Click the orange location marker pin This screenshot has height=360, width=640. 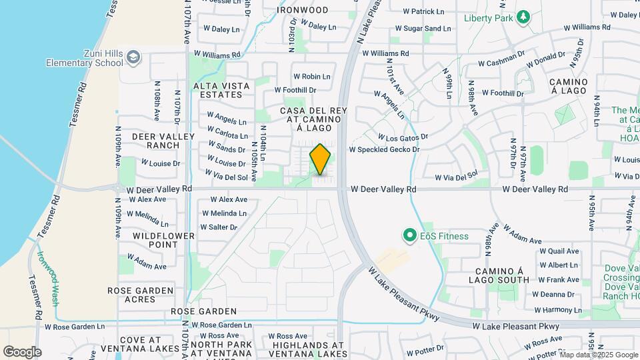point(321,159)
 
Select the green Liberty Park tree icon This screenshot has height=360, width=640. point(524,17)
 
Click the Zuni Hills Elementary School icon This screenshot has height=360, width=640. point(134,57)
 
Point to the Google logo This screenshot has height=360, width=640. point(22,352)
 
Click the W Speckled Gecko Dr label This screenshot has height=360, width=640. point(385,149)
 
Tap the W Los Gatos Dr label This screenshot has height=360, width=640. point(397,137)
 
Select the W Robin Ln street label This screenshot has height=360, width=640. point(312,77)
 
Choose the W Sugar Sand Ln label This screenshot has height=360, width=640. point(423,29)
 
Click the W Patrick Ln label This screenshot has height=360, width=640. point(424,11)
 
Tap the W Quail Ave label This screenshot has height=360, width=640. point(559,251)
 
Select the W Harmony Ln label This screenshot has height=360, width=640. point(558,310)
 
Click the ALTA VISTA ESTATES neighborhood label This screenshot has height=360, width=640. point(222,90)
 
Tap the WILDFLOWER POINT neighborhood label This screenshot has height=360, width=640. point(163,240)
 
